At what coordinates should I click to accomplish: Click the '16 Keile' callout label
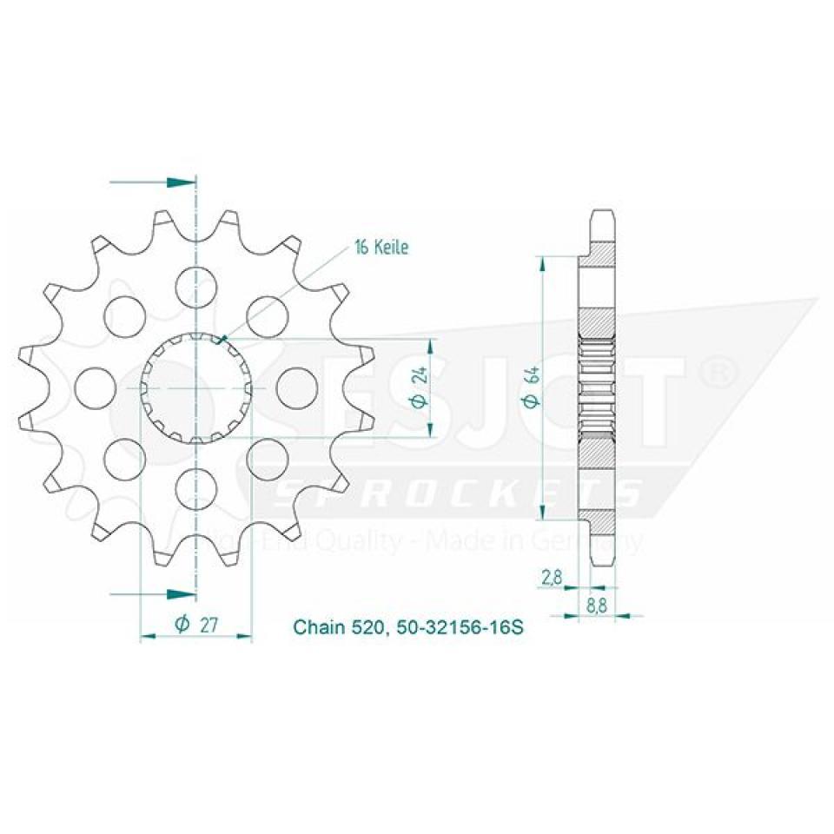pos(380,248)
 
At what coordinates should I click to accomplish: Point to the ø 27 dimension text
pos(195,624)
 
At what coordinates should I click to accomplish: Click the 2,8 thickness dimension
pos(550,577)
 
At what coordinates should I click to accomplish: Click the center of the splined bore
pos(196,387)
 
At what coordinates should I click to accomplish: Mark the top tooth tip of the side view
pos(603,214)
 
